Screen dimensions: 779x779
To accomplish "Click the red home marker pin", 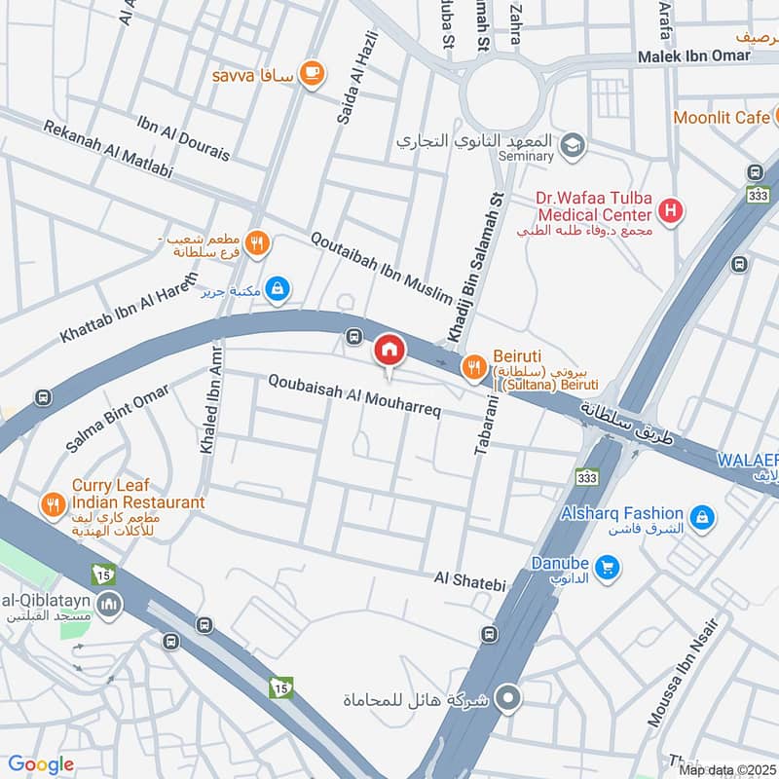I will click(x=388, y=350).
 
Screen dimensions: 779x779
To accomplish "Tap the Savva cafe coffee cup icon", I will click(x=312, y=73).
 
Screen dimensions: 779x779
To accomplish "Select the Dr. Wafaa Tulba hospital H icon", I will click(x=669, y=208).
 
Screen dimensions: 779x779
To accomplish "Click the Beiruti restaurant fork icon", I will click(x=473, y=366).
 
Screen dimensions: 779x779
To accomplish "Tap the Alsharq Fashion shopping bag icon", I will click(x=699, y=517).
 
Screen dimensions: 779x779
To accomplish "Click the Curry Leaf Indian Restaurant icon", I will click(x=51, y=504).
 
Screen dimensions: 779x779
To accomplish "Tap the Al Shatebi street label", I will click(x=471, y=582).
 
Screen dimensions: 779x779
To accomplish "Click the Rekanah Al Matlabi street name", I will click(x=107, y=149).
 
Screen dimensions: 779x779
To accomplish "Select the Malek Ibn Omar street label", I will click(x=693, y=56).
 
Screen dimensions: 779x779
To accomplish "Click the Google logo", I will click(x=40, y=764).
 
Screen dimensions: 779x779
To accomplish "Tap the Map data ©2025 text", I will click(x=725, y=769).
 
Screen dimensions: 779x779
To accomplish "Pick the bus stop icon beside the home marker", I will click(x=352, y=337).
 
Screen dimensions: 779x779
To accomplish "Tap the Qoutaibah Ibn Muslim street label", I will click(x=382, y=267).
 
